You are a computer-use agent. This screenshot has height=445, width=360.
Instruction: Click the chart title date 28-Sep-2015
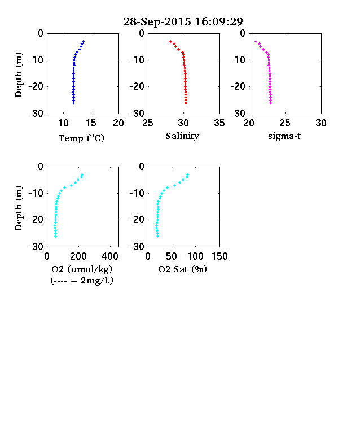pos(157,21)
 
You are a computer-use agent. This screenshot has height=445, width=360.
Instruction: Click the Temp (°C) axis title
pos(81,138)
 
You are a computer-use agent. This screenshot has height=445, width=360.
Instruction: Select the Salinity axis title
pos(182,136)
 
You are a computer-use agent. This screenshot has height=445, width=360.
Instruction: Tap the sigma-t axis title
pos(284,136)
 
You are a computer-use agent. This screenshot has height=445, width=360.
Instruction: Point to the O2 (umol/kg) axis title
pos(82,269)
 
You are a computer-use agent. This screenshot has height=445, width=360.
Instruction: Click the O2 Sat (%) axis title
pos(182,269)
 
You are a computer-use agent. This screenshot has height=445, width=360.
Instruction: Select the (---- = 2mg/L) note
pos(82,281)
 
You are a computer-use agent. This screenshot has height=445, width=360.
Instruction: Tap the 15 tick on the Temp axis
pos(91,123)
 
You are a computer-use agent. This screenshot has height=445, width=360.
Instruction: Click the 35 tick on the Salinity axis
pos(219,123)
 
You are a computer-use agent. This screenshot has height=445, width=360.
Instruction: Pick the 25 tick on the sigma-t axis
pos(284,123)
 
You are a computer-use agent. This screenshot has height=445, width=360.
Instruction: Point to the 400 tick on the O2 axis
pos(110,256)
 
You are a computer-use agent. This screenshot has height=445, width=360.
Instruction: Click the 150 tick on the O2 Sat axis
pos(219,256)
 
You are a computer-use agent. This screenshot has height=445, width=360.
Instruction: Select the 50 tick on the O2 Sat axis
pos(172,256)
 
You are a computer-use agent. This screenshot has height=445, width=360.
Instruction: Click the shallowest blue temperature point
pos(84,41)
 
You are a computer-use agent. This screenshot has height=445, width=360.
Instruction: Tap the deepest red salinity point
pos(186,103)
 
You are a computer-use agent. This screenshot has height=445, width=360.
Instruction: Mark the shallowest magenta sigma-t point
pos(256,41)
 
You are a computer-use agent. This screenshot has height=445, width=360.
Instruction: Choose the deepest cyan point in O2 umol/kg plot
pos(55,236)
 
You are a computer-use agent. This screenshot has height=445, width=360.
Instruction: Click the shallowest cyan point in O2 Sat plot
pos(188,175)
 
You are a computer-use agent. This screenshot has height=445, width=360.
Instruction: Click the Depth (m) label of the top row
pos(18,75)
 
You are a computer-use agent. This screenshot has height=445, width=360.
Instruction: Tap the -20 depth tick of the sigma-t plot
pos(238,86)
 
